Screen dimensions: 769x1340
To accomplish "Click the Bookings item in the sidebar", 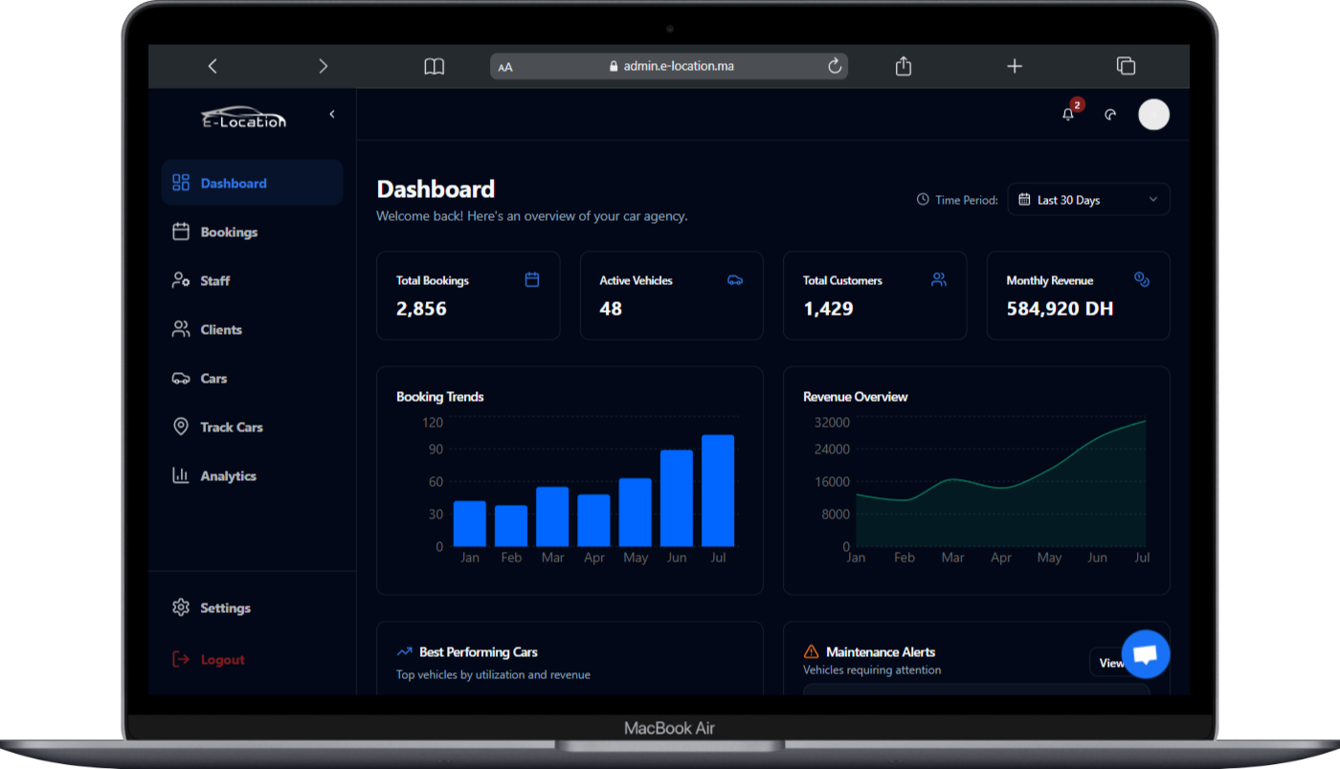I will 228,232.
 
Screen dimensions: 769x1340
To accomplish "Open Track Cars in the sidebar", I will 231,428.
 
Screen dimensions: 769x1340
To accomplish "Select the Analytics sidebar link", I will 228,476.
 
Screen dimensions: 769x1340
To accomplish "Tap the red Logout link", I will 222,660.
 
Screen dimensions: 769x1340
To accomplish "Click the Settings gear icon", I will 181,608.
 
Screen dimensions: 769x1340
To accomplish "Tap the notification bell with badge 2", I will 1068,115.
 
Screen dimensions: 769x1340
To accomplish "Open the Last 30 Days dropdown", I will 1088,200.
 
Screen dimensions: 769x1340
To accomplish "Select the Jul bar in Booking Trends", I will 718,491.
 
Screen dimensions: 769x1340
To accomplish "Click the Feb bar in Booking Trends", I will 511,526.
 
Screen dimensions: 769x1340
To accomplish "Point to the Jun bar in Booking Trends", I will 677,498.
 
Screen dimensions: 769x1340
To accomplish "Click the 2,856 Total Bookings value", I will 421,309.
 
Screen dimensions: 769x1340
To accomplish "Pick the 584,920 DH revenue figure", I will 1060,309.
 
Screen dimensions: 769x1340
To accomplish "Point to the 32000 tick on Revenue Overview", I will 832,423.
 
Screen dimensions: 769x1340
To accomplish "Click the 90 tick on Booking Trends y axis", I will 435,450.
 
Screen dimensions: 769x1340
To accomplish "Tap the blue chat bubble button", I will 1146,654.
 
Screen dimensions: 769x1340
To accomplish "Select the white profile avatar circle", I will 1153,115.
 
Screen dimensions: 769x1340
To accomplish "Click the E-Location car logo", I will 243,116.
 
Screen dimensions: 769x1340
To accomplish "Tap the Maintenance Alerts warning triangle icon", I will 812,652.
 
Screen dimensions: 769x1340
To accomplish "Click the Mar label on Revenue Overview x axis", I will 952,558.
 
